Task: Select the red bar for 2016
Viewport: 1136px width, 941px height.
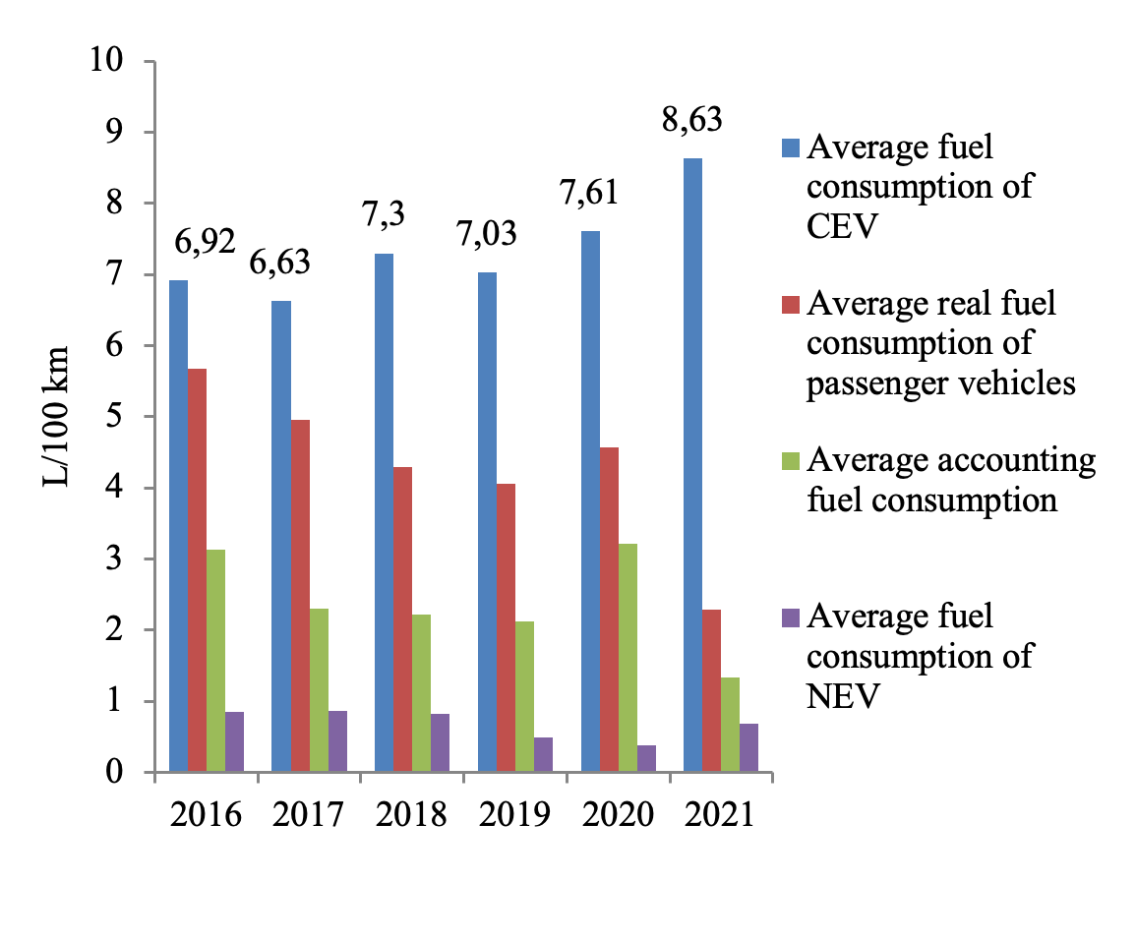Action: [198, 570]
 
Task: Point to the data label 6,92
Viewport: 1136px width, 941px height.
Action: [204, 242]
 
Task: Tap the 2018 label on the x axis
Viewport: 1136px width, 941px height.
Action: [411, 815]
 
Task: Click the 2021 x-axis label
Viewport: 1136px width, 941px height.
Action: [719, 815]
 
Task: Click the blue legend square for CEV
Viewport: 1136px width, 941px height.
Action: [792, 147]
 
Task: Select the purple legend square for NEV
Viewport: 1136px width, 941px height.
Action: [792, 618]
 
